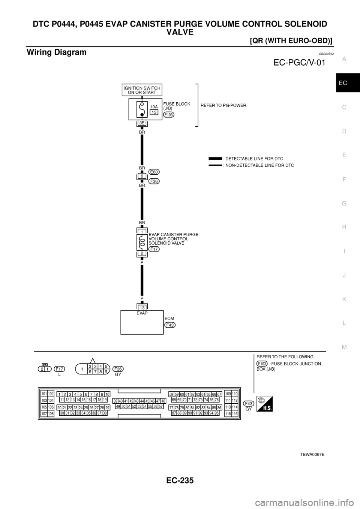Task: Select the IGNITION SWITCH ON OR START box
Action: pos(142,90)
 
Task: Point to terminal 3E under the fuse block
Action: pos(142,123)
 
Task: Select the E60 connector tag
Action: pos(154,172)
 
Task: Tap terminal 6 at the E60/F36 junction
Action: pos(142,176)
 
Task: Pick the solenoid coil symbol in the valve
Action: pos(142,243)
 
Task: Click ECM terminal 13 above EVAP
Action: pos(142,307)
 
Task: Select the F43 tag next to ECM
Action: pos(170,325)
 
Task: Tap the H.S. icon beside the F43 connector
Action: pos(264,404)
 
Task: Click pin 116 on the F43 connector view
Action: pos(235,413)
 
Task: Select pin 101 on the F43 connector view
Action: pos(44,394)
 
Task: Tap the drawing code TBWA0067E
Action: pos(312,454)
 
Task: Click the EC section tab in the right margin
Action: pos(344,83)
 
